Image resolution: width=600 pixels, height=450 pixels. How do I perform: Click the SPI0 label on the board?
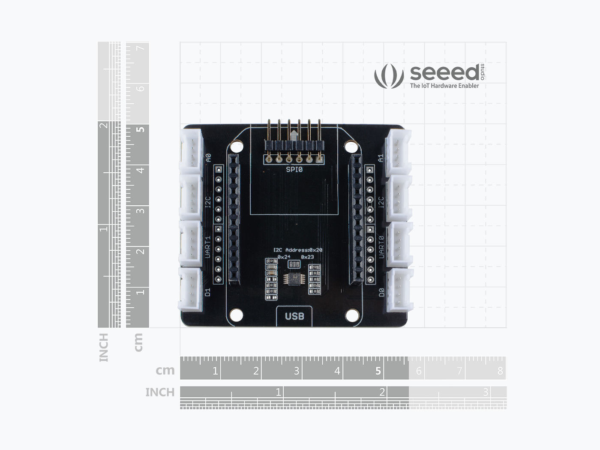294,169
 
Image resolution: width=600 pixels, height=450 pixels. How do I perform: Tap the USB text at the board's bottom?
294,316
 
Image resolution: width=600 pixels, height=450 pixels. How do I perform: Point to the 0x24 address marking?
284,257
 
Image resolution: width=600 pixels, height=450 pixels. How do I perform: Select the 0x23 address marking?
307,257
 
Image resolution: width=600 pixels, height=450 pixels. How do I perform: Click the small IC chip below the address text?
294,279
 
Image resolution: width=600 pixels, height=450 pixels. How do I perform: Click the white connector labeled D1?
190,288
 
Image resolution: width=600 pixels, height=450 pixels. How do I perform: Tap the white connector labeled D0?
399,289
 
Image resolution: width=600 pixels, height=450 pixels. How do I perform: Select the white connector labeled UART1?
190,242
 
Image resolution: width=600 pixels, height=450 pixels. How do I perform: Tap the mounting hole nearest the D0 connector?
352,316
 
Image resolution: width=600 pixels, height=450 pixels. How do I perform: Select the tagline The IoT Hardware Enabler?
444,86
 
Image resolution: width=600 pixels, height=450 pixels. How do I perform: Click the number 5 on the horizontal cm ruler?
378,371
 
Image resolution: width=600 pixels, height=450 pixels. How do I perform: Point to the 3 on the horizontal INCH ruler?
486,392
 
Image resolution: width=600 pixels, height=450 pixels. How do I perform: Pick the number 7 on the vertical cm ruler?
140,48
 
